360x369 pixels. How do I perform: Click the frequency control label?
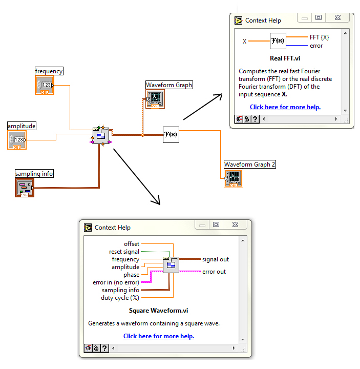[x=49, y=71]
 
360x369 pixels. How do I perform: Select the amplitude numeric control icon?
[x=17, y=139]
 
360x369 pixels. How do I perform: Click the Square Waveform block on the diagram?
[x=100, y=135]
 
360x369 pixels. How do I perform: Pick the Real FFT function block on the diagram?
[x=171, y=135]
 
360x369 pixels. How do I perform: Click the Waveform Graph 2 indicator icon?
[x=233, y=178]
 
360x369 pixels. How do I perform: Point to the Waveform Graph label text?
[x=169, y=85]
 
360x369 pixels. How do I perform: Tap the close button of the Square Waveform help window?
[x=235, y=224]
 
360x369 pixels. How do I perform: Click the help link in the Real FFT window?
[x=285, y=107]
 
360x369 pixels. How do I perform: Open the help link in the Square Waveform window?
[x=159, y=336]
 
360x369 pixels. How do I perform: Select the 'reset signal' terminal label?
[x=124, y=252]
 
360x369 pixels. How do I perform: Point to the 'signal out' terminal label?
[x=216, y=259]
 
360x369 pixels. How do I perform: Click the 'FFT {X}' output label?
[x=319, y=37]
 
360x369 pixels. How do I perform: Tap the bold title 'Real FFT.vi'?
[x=285, y=58]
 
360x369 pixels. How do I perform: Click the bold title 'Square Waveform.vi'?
[x=159, y=310]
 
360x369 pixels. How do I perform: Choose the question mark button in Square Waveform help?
[x=104, y=348]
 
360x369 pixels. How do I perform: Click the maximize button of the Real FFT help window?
[x=319, y=17]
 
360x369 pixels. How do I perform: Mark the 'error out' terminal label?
[x=214, y=272]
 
